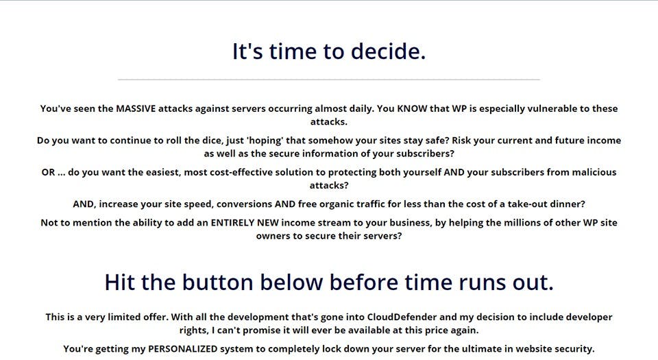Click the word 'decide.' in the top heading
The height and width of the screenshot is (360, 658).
point(388,51)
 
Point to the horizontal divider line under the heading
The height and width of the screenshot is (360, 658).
point(329,79)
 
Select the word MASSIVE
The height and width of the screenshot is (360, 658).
point(136,108)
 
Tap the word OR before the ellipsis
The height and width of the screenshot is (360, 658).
point(48,172)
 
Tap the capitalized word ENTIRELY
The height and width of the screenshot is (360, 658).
point(232,223)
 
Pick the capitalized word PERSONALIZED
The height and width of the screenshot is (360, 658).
point(182,349)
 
